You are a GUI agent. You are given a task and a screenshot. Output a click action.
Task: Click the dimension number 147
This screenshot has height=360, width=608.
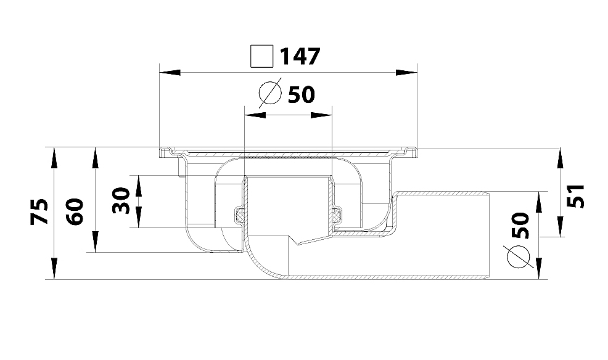(x=300, y=57)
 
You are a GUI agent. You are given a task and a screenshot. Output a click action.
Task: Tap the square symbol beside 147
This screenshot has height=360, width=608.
(x=261, y=57)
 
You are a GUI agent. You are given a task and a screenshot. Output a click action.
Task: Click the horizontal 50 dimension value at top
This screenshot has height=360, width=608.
(x=302, y=94)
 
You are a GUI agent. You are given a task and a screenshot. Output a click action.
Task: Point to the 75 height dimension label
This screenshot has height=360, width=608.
(x=40, y=211)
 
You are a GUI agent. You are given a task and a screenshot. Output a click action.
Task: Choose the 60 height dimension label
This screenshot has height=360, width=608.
(x=75, y=211)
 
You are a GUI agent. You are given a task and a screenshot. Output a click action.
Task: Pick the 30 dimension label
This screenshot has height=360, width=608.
(x=121, y=201)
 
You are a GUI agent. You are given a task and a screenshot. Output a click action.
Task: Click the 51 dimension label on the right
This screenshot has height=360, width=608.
(x=576, y=196)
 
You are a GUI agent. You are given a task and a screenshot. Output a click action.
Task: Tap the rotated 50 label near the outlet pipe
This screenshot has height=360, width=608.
(x=520, y=225)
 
